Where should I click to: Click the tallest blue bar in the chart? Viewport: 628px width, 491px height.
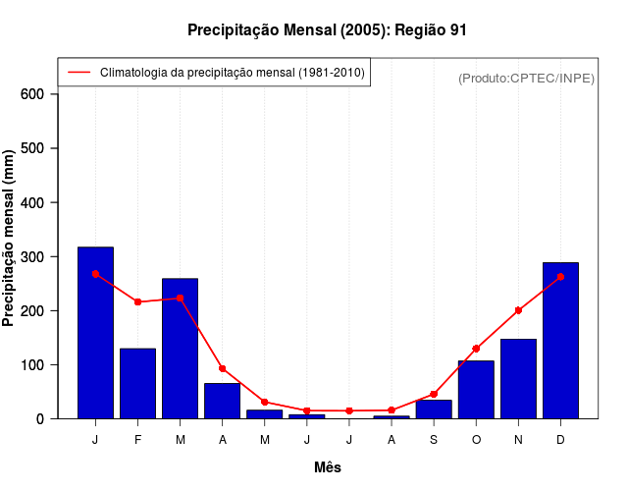click(x=95, y=333)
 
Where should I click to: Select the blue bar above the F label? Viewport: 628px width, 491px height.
click(x=137, y=383)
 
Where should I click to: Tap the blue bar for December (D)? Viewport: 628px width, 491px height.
click(x=560, y=341)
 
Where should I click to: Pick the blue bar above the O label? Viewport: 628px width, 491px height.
click(x=476, y=390)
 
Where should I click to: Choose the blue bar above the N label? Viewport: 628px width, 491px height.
click(x=518, y=379)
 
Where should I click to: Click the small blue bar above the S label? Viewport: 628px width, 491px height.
click(x=434, y=409)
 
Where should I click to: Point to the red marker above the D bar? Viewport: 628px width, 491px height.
click(x=560, y=277)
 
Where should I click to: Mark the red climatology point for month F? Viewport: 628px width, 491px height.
click(x=137, y=301)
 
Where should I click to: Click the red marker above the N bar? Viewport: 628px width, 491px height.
click(x=518, y=310)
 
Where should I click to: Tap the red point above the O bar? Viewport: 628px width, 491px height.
click(x=476, y=349)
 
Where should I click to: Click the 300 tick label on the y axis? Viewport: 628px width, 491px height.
click(x=32, y=256)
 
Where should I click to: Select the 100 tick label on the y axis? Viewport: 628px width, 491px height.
click(x=32, y=364)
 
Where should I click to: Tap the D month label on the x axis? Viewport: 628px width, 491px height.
click(x=560, y=440)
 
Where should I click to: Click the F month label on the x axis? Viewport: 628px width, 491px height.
click(x=137, y=440)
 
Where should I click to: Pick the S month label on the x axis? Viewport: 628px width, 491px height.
click(x=434, y=440)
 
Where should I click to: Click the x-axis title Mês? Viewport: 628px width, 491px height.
click(x=328, y=468)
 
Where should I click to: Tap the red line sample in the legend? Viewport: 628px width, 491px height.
click(x=78, y=73)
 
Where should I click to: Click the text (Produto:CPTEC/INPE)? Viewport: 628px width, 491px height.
click(x=526, y=78)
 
